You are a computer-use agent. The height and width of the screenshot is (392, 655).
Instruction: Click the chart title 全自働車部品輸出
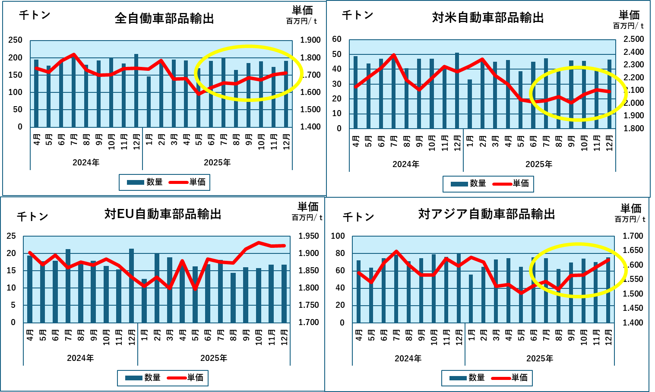pos(165,19)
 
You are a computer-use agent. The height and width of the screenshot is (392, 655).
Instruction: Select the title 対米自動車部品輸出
pos(488,18)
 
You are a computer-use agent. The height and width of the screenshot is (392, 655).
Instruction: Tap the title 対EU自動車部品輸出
pos(163,214)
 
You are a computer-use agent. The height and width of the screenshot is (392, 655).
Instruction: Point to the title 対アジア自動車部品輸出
pos(487,214)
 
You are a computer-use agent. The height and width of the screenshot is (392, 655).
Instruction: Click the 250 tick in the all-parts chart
pos(16,40)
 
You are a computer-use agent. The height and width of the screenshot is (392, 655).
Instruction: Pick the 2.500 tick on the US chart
pos(633,39)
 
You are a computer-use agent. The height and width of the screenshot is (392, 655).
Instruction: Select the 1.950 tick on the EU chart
pos(309,236)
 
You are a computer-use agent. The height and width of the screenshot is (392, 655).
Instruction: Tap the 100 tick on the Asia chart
pos(338,236)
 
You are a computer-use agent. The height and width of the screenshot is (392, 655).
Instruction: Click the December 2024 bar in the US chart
pos(457,91)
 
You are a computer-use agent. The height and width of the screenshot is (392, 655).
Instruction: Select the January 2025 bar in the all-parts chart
pos(149,102)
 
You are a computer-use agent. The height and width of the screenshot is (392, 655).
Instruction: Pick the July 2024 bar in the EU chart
pos(68,286)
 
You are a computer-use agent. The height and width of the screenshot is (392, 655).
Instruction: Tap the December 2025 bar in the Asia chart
pos(608,290)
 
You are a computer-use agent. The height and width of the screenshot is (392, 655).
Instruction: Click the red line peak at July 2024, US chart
pos(394,55)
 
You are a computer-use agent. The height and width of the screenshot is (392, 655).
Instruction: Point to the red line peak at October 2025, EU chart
pos(259,243)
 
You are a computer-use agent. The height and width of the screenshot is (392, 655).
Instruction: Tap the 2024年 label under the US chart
pos(406,164)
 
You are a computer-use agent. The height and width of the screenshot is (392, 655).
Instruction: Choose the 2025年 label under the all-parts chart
pos(217,163)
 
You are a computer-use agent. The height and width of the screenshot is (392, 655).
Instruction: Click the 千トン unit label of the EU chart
pos(32,216)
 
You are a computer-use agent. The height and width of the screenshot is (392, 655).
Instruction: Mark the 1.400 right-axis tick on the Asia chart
pos(633,323)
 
